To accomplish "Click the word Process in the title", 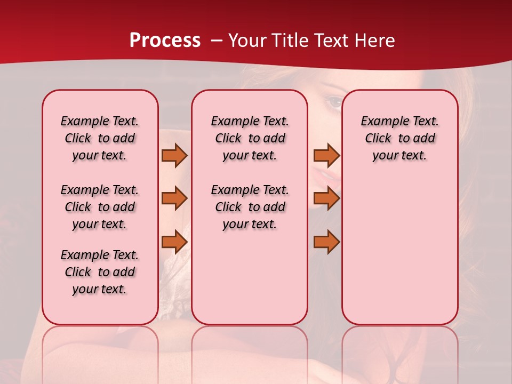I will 165,41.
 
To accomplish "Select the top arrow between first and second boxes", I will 174,155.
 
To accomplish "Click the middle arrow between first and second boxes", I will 174,198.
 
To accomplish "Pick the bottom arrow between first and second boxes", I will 174,242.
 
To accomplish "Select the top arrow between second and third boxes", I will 326,155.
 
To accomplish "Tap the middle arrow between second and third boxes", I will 326,198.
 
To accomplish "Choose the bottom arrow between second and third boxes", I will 326,242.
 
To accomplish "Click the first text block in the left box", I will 100,138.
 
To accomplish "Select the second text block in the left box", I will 100,207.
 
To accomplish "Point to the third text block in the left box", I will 100,272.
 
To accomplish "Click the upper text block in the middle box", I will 250,138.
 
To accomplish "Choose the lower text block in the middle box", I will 250,207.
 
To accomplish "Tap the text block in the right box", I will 399,138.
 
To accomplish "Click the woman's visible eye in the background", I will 334,102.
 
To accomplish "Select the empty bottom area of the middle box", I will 250,283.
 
